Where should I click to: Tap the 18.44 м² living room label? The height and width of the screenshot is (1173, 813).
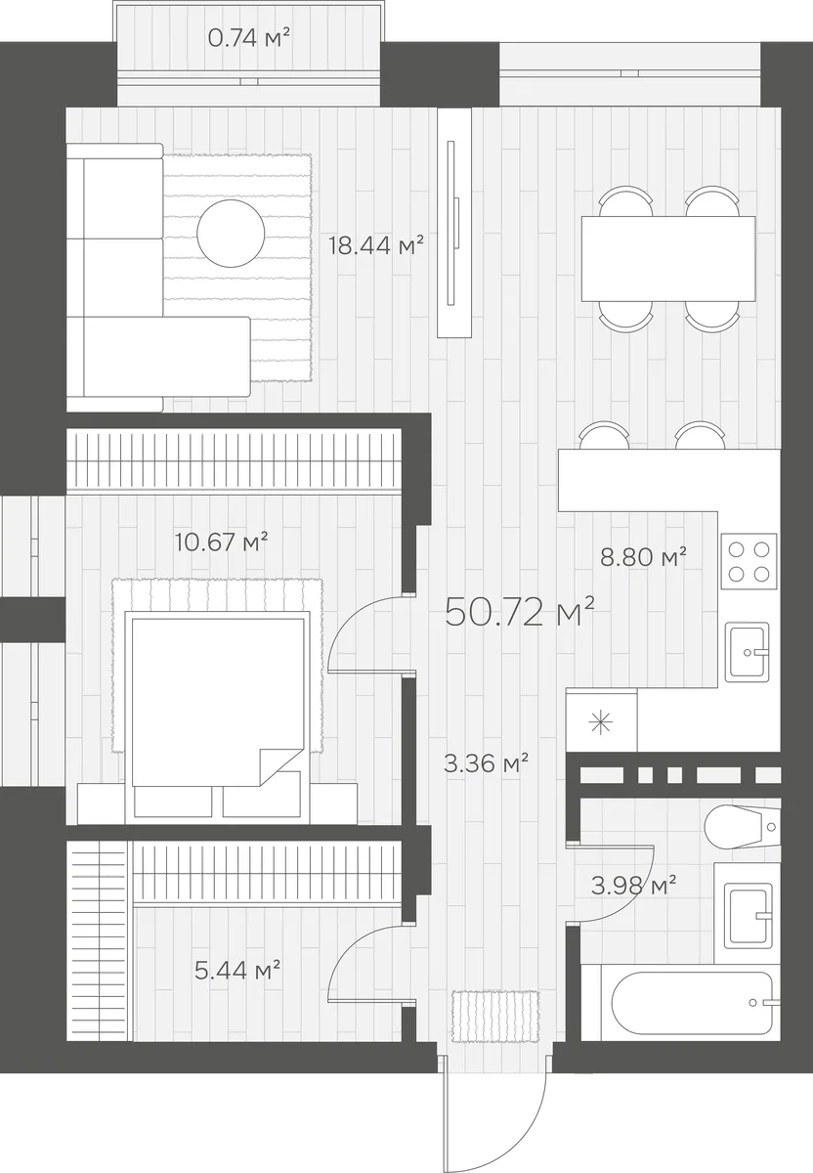(x=376, y=245)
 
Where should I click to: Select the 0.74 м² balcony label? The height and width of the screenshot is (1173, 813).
(x=249, y=38)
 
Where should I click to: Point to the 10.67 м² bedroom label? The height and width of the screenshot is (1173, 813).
(x=222, y=542)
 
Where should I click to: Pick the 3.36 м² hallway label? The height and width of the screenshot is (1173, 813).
(x=486, y=763)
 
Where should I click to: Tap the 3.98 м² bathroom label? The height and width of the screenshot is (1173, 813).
(x=633, y=885)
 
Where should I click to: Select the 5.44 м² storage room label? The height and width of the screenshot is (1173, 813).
(x=237, y=971)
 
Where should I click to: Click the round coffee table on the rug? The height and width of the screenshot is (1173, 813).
(x=231, y=233)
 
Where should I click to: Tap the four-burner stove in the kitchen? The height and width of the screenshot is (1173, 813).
(x=749, y=561)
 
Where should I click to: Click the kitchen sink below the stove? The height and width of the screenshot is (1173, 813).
(x=747, y=652)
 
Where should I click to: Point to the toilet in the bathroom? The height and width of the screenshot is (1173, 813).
(x=743, y=827)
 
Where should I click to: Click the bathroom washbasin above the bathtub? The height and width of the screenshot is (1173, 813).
(x=748, y=916)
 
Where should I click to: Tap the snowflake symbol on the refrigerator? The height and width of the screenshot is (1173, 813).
(x=601, y=724)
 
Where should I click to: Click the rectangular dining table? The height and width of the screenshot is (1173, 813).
(x=668, y=259)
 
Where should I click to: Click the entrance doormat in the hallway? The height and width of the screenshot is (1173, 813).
(x=495, y=1016)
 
